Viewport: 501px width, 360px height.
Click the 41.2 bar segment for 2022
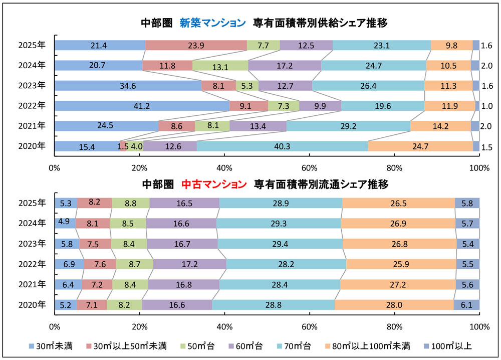[x=142, y=106]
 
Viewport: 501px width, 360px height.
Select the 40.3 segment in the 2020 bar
[x=282, y=146]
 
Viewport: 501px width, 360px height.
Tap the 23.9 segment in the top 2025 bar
[x=195, y=46]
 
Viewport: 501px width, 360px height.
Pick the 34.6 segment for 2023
[x=128, y=86]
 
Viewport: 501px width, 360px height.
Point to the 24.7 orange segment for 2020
[x=420, y=146]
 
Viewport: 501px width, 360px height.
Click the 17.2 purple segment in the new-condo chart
[x=284, y=66]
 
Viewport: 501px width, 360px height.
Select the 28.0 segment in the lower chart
[x=394, y=304]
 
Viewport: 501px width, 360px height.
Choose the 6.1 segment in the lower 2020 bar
[x=466, y=304]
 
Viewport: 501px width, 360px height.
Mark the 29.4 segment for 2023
[x=280, y=244]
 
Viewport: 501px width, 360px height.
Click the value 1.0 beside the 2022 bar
[x=486, y=106]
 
